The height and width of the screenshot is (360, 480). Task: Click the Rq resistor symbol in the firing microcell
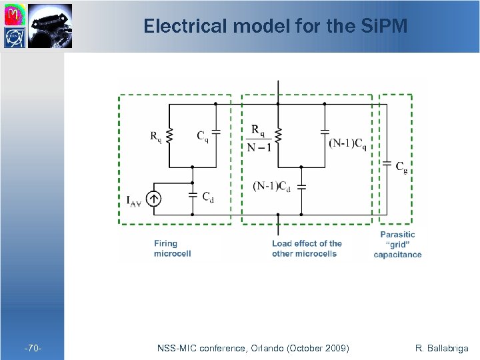pyautogui.click(x=169, y=136)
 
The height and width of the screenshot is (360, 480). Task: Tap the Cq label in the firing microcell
pyautogui.click(x=202, y=136)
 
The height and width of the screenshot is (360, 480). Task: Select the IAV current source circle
pyautogui.click(x=153, y=198)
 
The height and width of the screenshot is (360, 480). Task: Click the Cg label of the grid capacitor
pyautogui.click(x=401, y=167)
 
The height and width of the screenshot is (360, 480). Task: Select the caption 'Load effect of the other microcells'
pyautogui.click(x=307, y=248)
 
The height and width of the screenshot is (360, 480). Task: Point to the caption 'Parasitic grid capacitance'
pyautogui.click(x=397, y=244)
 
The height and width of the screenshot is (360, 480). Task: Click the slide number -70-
pyautogui.click(x=32, y=347)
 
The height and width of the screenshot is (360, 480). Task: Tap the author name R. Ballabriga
pyautogui.click(x=442, y=347)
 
